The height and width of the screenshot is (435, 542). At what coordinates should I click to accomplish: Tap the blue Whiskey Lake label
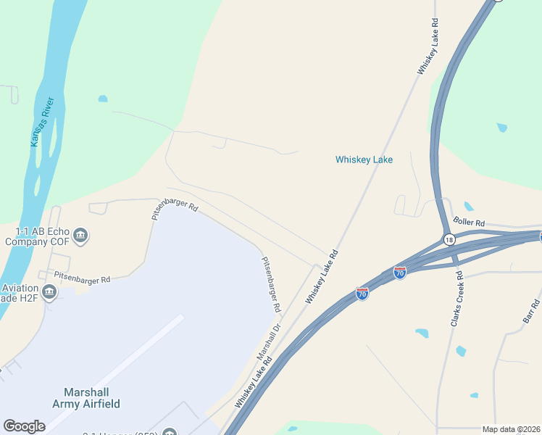pyautogui.click(x=364, y=159)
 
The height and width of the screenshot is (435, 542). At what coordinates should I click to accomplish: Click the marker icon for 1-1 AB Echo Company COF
pyautogui.click(x=80, y=235)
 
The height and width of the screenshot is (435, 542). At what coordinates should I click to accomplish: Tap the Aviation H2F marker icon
pyautogui.click(x=49, y=292)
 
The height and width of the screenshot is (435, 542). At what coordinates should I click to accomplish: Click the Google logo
pyautogui.click(x=24, y=426)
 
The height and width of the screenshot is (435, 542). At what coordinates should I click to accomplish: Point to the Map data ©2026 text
pyautogui.click(x=511, y=429)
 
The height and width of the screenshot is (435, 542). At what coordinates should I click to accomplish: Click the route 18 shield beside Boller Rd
pyautogui.click(x=449, y=239)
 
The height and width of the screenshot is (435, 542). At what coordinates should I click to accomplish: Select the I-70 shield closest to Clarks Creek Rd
pyautogui.click(x=399, y=272)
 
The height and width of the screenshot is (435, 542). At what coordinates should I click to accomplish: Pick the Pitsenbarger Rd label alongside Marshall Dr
pyautogui.click(x=271, y=284)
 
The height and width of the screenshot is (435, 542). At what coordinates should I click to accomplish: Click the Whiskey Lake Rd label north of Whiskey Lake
pyautogui.click(x=428, y=46)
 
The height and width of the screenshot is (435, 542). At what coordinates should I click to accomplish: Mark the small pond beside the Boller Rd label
pyautogui.click(x=468, y=207)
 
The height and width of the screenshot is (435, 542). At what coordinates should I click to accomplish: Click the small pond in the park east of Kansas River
pyautogui.click(x=103, y=99)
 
